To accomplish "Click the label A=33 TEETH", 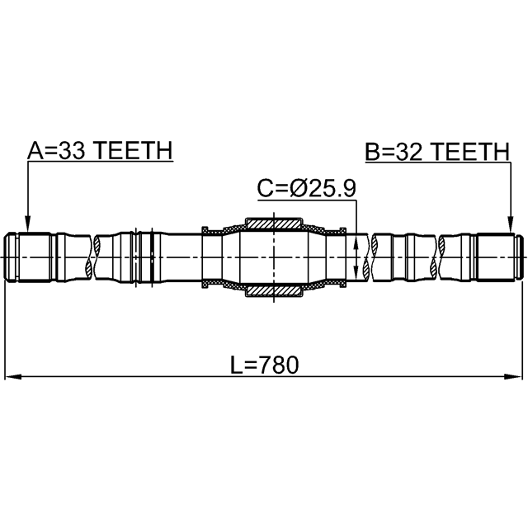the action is [100, 150].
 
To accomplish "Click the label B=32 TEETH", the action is [437, 151].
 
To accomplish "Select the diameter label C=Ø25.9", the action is [306, 188].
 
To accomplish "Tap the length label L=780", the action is [264, 365].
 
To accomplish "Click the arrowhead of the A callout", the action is [28, 224].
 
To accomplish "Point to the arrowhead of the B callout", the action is [511, 225].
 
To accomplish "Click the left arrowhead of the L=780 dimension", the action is [13, 376].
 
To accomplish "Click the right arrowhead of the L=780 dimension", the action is [513, 376].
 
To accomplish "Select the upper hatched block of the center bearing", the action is [273, 224].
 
